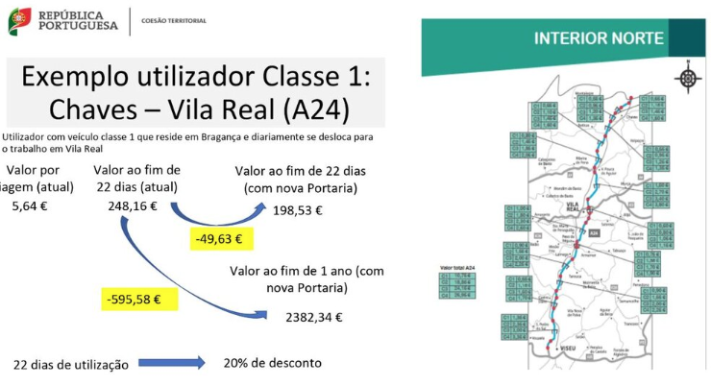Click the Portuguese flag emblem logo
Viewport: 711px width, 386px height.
(19, 20)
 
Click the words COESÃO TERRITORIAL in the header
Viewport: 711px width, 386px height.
(173, 20)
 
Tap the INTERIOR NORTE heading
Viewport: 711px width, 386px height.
(598, 38)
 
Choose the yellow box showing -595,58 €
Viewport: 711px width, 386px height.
(132, 300)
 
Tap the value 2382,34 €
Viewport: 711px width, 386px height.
(317, 316)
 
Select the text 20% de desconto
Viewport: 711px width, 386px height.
(272, 363)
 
